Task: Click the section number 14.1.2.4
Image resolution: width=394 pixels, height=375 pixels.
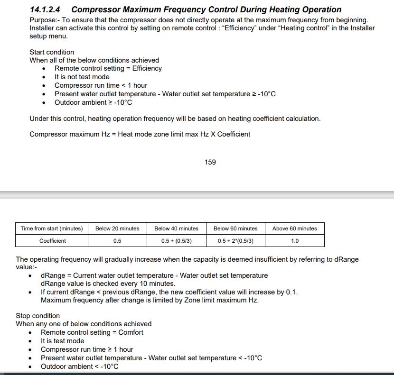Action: (48, 9)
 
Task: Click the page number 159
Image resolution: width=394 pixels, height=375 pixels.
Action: (210, 162)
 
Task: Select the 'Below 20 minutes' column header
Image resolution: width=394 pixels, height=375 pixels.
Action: (117, 229)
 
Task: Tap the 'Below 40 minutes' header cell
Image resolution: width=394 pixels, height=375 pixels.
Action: (177, 229)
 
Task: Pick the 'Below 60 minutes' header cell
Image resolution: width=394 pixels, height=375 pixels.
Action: (235, 229)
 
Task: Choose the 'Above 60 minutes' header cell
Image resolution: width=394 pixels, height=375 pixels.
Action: (294, 229)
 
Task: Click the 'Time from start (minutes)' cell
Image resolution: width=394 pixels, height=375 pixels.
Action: (52, 229)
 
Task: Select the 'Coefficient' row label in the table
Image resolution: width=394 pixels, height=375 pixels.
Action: (53, 241)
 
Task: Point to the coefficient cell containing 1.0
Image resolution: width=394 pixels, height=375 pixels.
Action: (294, 241)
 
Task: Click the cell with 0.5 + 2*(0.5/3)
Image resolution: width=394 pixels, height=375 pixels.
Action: (235, 241)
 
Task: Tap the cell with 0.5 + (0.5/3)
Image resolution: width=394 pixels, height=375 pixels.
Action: (177, 241)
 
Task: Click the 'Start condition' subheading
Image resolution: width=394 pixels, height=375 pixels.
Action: (52, 52)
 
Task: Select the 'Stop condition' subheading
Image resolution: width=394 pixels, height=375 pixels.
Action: (38, 316)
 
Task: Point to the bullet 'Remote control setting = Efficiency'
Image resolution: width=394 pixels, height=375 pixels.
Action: (108, 68)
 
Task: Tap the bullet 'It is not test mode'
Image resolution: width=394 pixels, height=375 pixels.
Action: (82, 77)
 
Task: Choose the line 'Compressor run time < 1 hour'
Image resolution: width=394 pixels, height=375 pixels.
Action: (101, 85)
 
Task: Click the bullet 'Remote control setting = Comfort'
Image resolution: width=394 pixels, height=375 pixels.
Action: (92, 332)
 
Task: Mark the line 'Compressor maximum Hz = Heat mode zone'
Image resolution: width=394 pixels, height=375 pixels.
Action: (140, 134)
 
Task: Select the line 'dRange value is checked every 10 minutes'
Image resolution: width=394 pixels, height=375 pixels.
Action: (108, 284)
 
